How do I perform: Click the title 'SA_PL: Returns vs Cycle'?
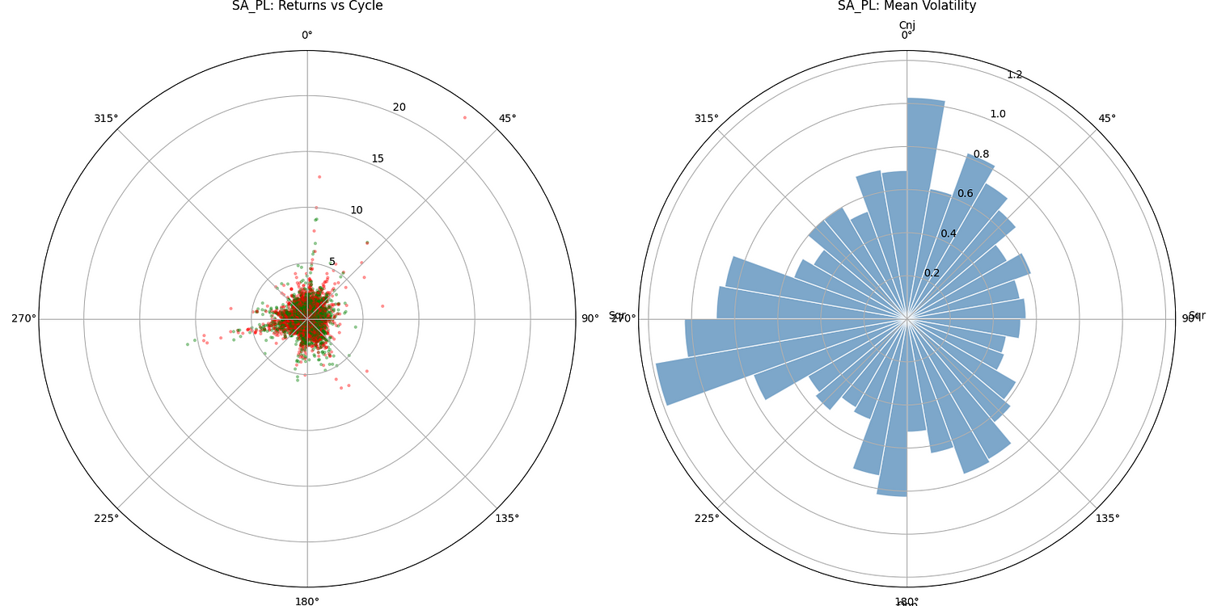coord(307,6)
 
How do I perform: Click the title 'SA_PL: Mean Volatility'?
coord(907,6)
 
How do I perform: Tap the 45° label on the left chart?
coord(507,119)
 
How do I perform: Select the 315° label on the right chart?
coord(706,119)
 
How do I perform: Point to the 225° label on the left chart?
coord(106,518)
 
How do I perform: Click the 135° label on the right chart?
coord(1107,518)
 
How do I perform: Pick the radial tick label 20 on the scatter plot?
coord(399,107)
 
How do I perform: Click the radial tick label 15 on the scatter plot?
coord(378,158)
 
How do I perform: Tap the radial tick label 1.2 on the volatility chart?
coord(1014,75)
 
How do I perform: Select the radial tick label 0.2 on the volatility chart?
coord(932,273)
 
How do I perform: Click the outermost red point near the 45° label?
coord(464,118)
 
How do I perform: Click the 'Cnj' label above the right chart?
coord(907,25)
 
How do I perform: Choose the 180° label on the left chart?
coord(307,602)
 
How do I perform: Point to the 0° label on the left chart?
coord(307,35)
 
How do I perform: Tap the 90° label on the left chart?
coord(590,318)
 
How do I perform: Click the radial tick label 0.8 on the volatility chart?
coord(981,154)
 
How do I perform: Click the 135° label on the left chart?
coord(507,518)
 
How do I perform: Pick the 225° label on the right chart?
coord(706,518)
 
